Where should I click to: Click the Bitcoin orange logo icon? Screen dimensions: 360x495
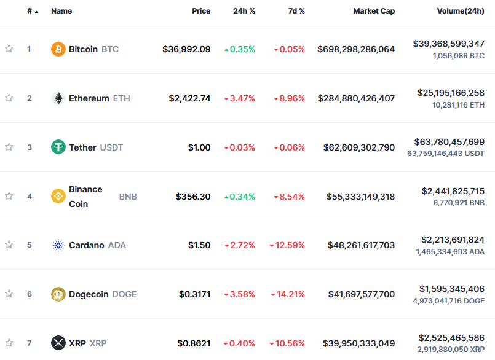tap(58, 49)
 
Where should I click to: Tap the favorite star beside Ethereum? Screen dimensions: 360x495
tap(9, 98)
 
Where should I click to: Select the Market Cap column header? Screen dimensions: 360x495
tap(374, 11)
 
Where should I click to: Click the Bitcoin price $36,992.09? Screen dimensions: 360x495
tap(186, 49)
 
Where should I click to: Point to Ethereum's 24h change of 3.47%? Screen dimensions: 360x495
tap(239, 98)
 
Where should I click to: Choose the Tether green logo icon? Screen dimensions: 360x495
tap(58, 147)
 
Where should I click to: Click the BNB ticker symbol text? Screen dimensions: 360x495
tap(128, 197)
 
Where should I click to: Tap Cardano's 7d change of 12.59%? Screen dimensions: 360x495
tap(287, 245)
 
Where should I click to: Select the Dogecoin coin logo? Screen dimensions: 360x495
tap(58, 294)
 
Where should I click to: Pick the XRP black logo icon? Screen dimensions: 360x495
tap(58, 343)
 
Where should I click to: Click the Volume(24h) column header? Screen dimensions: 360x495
tap(461, 11)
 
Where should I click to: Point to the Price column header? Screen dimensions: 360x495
tap(201, 11)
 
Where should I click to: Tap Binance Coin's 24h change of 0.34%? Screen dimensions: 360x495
tap(239, 197)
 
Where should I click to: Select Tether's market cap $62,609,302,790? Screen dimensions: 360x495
tap(359, 147)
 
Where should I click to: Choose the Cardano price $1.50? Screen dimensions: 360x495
tap(199, 245)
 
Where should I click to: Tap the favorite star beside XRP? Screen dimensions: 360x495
tap(9, 342)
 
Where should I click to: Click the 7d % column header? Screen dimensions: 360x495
tap(296, 11)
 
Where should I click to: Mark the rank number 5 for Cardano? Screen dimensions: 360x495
tap(29, 245)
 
